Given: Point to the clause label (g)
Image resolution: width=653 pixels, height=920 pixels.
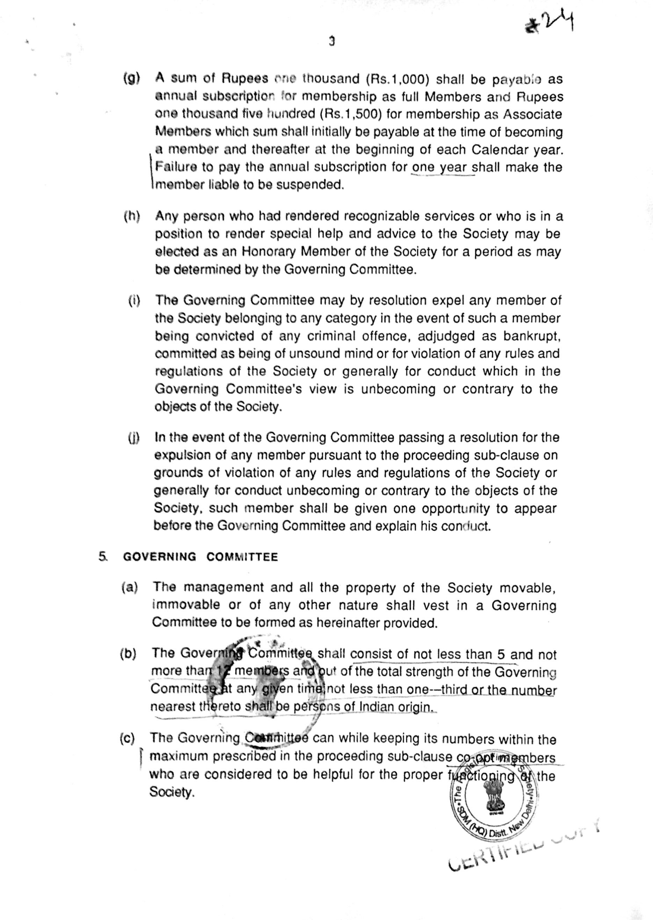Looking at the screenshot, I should tap(131, 79).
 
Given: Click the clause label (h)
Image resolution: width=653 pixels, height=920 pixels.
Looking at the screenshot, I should tap(132, 216).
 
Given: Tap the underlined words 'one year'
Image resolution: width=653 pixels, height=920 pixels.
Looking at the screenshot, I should tap(440, 167).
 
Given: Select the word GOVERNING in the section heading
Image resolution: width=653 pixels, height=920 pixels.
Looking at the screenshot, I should tap(160, 557).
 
